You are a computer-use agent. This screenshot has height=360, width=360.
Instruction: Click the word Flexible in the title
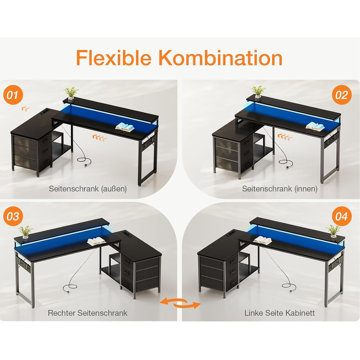click(114, 58)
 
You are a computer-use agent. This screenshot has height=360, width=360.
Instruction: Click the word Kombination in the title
click(221, 58)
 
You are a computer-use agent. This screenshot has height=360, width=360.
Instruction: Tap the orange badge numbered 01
click(13, 95)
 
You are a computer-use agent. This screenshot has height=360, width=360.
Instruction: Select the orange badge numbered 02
click(342, 95)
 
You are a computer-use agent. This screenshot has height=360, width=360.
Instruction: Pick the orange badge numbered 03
click(13, 217)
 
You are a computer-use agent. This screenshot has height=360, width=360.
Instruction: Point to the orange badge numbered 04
click(342, 217)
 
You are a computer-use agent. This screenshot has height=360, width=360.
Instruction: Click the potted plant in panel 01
click(71, 94)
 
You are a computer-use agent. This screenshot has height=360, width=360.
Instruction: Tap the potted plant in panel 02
click(258, 93)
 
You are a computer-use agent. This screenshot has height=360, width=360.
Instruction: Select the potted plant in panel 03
click(26, 232)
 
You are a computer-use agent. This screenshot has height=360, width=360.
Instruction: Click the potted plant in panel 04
click(333, 231)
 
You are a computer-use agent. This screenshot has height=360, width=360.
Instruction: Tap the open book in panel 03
click(97, 241)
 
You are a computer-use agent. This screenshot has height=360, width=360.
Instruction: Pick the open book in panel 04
click(262, 240)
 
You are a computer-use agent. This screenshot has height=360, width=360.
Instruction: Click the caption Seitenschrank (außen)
click(88, 189)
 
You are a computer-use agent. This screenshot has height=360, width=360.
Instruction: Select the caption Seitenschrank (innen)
click(280, 189)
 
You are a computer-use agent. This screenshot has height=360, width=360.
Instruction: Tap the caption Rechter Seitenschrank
click(87, 313)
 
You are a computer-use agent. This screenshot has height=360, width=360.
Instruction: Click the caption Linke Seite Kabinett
click(279, 313)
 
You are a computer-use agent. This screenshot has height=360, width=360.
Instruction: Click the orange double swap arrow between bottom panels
click(180, 303)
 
